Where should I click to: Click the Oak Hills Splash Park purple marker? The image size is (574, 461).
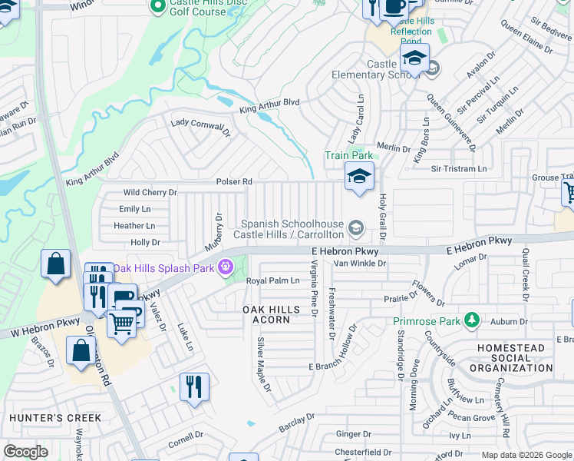226,268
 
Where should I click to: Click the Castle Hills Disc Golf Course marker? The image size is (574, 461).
159,7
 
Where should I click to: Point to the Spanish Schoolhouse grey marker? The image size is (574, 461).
355,227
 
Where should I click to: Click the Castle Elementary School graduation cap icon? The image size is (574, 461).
414,58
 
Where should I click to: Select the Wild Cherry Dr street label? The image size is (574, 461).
150,193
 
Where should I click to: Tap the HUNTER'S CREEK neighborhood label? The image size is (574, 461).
54,418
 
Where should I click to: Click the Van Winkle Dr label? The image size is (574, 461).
359,263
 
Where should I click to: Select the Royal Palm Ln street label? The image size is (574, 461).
272,281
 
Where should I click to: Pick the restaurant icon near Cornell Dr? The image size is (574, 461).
194,386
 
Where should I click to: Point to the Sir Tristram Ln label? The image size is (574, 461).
459,169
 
